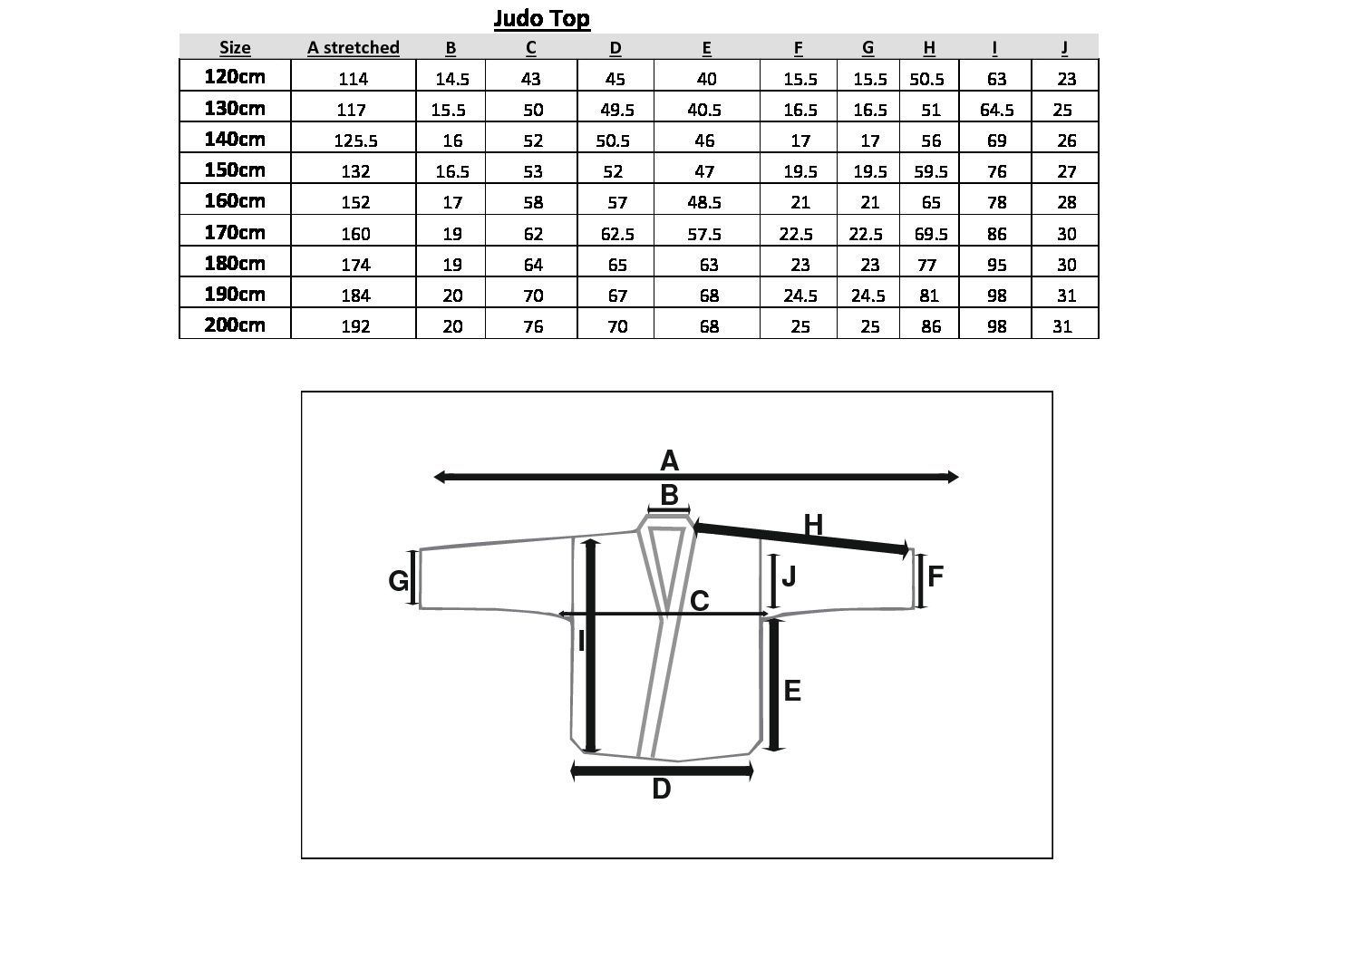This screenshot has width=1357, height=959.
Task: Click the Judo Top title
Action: (x=541, y=19)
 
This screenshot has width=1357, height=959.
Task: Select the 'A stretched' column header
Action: (x=354, y=48)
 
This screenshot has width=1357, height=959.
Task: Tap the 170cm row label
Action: (x=235, y=232)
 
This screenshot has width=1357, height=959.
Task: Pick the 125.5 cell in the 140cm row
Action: (x=355, y=140)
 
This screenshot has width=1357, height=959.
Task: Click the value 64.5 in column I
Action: (x=996, y=110)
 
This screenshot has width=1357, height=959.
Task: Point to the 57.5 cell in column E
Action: (x=704, y=234)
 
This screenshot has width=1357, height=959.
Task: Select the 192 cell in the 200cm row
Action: (x=355, y=326)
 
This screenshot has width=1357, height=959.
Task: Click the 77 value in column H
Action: (x=927, y=265)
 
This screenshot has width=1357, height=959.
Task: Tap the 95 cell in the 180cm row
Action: (x=996, y=265)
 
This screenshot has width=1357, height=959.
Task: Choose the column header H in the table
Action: (x=929, y=48)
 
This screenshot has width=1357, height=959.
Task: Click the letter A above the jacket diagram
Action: (x=669, y=460)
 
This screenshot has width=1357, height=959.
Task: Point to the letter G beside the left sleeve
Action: (x=398, y=580)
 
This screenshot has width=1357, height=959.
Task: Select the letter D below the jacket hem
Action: (x=662, y=789)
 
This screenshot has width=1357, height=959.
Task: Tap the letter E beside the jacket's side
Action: (x=792, y=691)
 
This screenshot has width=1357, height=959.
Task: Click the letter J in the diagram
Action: (x=789, y=576)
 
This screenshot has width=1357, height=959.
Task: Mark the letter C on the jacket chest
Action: (x=699, y=601)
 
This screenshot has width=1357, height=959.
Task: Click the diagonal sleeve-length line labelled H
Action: (x=800, y=538)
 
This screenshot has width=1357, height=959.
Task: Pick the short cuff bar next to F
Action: (x=920, y=581)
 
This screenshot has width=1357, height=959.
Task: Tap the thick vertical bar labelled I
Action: (x=592, y=645)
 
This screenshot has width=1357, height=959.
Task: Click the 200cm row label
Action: (x=235, y=325)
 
